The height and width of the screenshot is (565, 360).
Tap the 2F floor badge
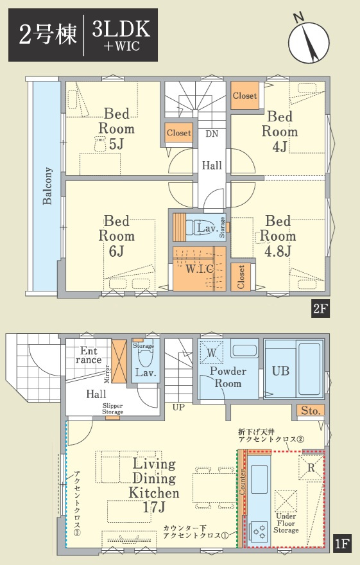(320, 309)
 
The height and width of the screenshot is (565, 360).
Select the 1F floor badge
(342, 543)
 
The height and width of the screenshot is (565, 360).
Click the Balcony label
(47, 186)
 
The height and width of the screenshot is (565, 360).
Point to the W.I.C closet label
(200, 268)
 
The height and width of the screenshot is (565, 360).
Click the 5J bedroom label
(116, 144)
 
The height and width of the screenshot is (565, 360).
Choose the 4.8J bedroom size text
(278, 252)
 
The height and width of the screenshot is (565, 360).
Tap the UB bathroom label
(280, 371)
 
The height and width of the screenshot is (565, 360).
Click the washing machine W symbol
(212, 352)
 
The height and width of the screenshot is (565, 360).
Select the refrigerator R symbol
(311, 467)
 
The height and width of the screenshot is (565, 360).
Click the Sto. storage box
(311, 411)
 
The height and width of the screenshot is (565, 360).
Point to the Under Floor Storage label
(286, 523)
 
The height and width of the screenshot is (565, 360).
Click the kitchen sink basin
(259, 479)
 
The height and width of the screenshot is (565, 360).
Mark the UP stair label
(178, 408)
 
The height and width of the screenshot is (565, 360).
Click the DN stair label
(212, 134)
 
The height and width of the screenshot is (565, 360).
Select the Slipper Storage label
(112, 408)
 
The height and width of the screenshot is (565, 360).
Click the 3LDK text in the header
(121, 28)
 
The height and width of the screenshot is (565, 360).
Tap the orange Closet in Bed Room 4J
(244, 96)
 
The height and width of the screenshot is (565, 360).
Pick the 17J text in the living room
(154, 508)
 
